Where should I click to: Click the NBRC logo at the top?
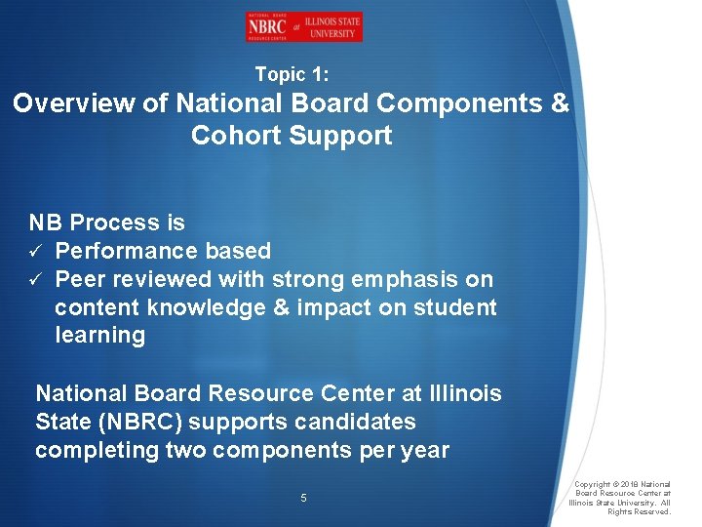(x=303, y=27)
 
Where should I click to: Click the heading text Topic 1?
(x=292, y=74)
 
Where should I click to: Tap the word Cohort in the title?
(x=233, y=136)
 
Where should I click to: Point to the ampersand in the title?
(x=560, y=103)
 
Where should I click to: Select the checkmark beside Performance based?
(x=35, y=252)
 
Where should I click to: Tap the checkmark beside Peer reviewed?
(x=35, y=280)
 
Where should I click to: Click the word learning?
(x=99, y=336)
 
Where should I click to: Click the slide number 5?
(x=303, y=498)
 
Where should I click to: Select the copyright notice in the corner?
(x=620, y=498)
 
